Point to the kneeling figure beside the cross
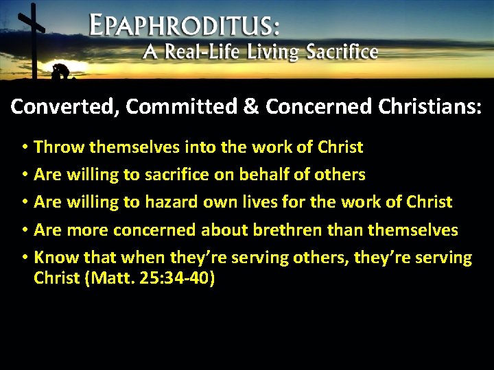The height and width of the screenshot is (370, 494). pos(60,71)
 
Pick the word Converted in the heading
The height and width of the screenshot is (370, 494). pos(58,107)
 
